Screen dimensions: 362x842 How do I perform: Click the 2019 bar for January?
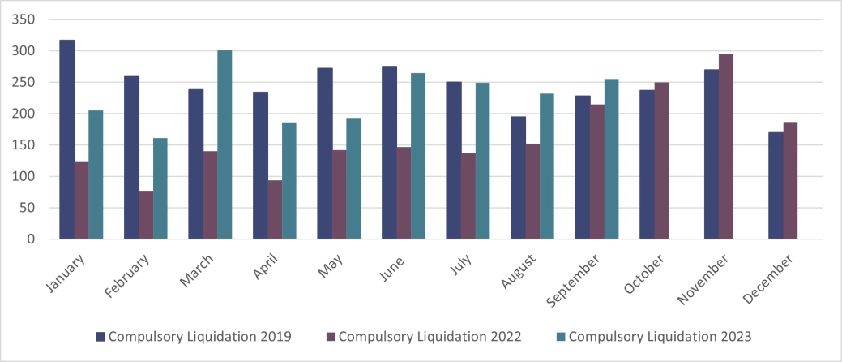point(67,140)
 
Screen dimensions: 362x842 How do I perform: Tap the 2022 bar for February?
point(146,215)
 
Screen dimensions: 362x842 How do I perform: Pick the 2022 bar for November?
point(726,147)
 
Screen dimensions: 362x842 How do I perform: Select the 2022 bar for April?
point(275,209)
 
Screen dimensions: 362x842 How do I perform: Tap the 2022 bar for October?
point(661,161)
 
